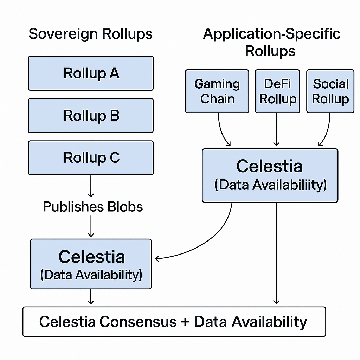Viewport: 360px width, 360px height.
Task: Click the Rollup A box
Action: pos(91,73)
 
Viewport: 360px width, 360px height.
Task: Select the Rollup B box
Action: pos(91,116)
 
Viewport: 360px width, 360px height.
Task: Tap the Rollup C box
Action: pos(91,158)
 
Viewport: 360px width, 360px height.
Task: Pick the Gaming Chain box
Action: pos(217,91)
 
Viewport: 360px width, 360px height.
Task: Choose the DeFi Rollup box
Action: pos(277,91)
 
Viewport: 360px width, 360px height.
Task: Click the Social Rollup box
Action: pos(330,91)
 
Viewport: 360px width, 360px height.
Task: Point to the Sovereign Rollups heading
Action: pos(90,34)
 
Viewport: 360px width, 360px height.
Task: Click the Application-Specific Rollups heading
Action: pos(271,42)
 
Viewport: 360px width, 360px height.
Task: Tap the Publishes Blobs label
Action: pos(93,207)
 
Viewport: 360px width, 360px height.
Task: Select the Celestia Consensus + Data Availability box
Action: pos(174,322)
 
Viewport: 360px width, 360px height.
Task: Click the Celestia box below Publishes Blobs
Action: pos(91,264)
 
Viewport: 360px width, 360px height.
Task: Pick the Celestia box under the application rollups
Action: pos(270,176)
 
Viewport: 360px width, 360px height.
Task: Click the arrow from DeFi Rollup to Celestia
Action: pos(276,129)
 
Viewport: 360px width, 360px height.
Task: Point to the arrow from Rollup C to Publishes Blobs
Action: pos(91,186)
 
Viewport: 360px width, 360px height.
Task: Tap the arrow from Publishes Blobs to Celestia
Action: pos(91,226)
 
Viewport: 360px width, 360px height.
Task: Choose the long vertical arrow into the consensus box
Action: pos(276,253)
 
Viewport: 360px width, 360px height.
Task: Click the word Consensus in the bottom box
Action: pos(138,322)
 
